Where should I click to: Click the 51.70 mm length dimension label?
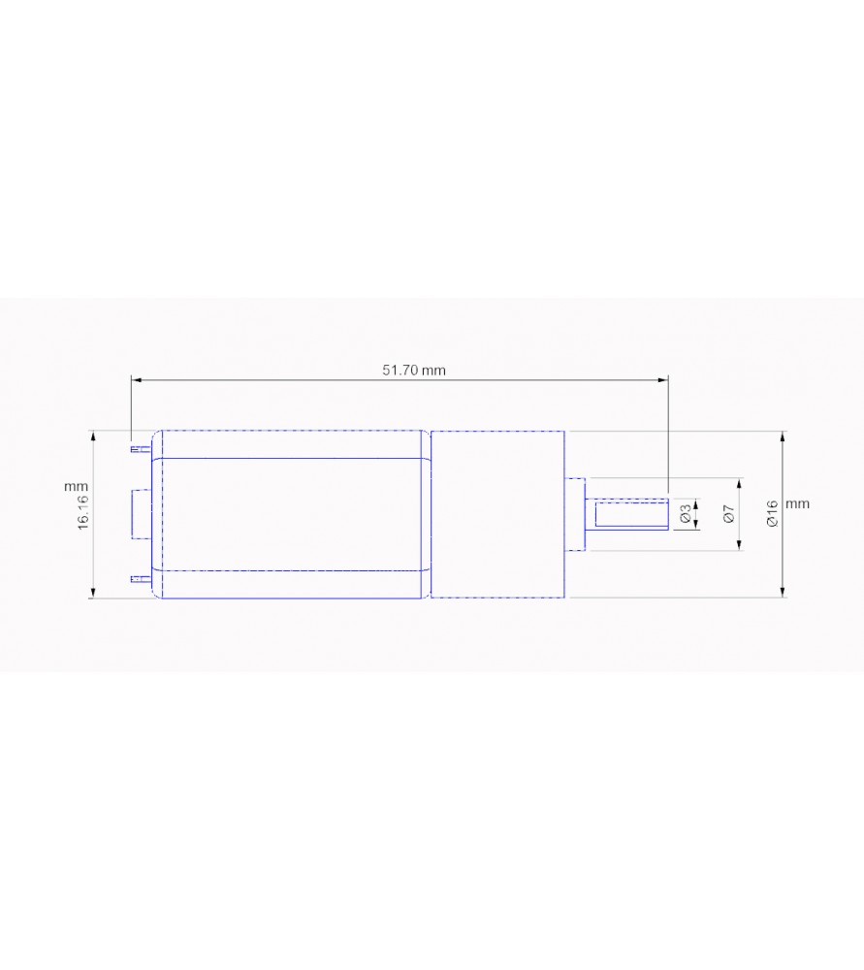(414, 371)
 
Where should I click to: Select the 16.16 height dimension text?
(84, 511)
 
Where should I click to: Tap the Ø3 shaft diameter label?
(686, 514)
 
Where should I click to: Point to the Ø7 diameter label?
(728, 514)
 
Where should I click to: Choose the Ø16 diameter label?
(771, 513)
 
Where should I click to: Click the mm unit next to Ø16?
(797, 504)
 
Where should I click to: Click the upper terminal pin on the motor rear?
(141, 449)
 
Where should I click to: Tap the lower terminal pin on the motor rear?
(141, 580)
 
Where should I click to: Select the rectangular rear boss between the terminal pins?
(138, 514)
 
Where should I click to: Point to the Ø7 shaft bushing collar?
(576, 514)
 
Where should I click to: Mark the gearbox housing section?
(496, 514)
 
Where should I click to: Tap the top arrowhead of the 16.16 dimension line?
(93, 436)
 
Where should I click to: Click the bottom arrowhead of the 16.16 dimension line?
(93, 594)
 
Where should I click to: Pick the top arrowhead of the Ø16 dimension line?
(783, 436)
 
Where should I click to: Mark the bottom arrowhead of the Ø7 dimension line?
(740, 546)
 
